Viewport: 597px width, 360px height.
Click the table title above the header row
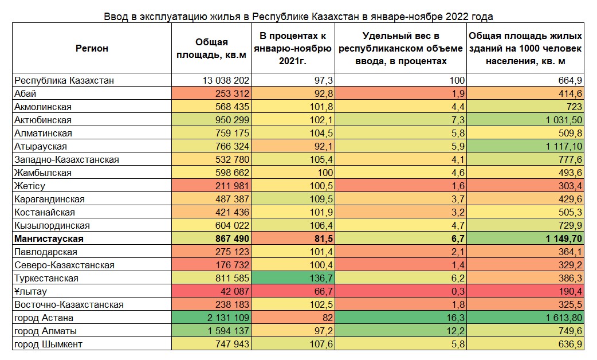[298, 16]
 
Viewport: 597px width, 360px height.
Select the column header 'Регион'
[92, 49]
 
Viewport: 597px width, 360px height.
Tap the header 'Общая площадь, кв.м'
[211, 49]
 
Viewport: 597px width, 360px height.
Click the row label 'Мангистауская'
[49, 239]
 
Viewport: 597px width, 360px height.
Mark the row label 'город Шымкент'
[48, 345]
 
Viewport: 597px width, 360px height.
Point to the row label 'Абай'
[26, 94]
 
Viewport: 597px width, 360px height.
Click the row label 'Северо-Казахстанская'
[65, 265]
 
